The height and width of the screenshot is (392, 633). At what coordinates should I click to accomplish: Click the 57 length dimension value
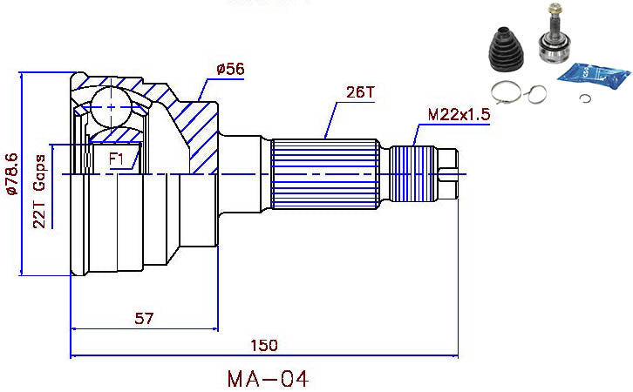tap(145, 319)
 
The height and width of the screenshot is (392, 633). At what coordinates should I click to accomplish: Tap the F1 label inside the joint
tap(118, 159)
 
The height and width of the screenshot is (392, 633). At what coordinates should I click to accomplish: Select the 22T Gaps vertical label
tap(40, 193)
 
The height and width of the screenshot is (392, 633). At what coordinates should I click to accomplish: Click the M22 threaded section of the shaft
tap(410, 173)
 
